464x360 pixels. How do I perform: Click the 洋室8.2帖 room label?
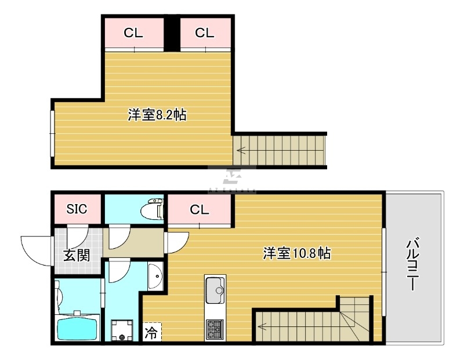(x=157, y=115)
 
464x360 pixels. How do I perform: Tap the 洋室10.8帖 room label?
(x=297, y=253)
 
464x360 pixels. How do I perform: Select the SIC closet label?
(x=77, y=209)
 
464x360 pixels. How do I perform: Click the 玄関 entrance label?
(x=77, y=255)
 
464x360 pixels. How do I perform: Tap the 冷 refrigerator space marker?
(x=151, y=333)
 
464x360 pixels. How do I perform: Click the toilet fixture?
(x=153, y=209)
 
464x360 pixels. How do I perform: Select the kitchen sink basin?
(x=215, y=290)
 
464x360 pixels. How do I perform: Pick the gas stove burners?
(x=215, y=329)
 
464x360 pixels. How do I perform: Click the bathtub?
(x=77, y=326)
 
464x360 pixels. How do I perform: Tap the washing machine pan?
(x=122, y=330)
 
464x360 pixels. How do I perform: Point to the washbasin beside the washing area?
(x=155, y=276)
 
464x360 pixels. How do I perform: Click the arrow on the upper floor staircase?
(x=242, y=151)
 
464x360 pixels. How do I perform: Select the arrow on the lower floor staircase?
(x=263, y=326)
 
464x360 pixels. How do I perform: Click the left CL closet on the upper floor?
(x=135, y=33)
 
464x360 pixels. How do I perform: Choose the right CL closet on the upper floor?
(x=205, y=33)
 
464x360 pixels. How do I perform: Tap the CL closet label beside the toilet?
(x=200, y=210)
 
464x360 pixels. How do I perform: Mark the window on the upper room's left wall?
(x=52, y=133)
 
